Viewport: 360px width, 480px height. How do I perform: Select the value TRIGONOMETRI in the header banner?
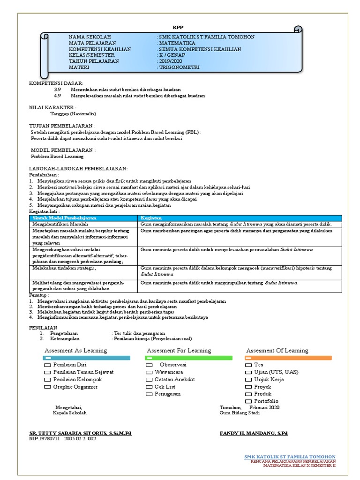[179, 67]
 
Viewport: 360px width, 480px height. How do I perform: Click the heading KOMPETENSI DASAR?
[56, 83]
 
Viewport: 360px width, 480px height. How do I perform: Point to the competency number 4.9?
[58, 96]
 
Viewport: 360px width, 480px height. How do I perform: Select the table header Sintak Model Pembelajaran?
[64, 218]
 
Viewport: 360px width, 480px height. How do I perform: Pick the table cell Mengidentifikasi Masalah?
[60, 225]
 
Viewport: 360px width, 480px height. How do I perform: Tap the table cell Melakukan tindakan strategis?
[64, 268]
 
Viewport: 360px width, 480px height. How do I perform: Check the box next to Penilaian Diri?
[47, 365]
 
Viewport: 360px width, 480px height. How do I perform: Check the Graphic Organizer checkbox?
[47, 387]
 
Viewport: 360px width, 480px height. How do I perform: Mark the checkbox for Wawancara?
[149, 372]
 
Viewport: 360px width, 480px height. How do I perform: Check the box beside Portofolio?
[248, 402]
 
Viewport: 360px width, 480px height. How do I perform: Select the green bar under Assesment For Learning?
[188, 358]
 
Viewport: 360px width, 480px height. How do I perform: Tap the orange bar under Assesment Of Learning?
[288, 358]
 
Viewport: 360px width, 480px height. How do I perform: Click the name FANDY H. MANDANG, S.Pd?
[253, 433]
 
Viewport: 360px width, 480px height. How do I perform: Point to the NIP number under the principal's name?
[62, 439]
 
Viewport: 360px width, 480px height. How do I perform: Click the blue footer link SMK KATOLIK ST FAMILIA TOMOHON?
[290, 457]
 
